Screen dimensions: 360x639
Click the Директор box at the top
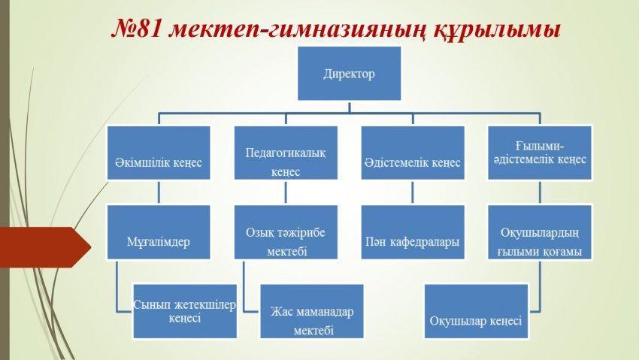(x=349, y=74)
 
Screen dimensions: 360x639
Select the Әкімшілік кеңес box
(x=158, y=153)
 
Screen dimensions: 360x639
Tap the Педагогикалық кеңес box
(x=285, y=153)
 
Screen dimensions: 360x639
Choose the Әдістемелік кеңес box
(x=412, y=153)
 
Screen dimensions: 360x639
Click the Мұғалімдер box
(x=158, y=232)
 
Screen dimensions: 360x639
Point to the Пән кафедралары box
(x=412, y=232)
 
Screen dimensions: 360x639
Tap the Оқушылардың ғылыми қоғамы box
(x=538, y=232)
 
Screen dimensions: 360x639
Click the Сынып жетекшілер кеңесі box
(x=184, y=310)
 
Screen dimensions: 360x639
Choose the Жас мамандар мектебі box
(x=312, y=311)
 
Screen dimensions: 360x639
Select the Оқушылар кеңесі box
(x=476, y=311)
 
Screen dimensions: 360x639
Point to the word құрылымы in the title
(x=496, y=29)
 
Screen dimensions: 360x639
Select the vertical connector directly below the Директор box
(x=349, y=107)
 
